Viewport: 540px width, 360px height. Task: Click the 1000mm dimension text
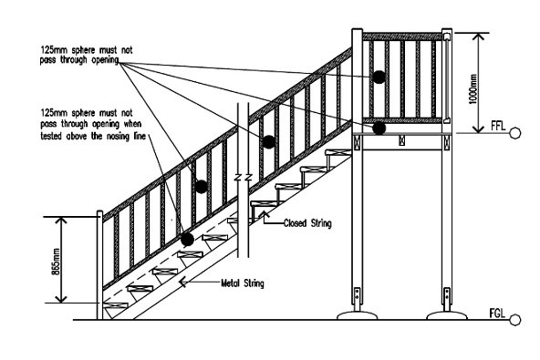473,88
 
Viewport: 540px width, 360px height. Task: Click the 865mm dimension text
56,262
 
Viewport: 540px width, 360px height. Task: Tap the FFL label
498,126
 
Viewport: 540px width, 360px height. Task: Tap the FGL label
497,314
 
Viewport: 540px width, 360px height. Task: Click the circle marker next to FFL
514,133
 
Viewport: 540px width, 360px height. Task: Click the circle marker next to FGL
514,320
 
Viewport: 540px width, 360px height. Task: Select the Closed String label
307,223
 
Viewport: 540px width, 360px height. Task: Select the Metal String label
243,283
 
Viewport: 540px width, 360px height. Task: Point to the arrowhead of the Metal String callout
181,282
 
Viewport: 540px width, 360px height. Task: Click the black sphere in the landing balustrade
379,77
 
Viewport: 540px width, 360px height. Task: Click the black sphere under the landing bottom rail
379,129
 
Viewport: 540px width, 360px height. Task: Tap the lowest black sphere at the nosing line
187,239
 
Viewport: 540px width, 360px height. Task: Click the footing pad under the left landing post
358,315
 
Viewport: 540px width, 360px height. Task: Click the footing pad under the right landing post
447,315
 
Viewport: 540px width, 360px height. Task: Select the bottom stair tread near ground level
116,305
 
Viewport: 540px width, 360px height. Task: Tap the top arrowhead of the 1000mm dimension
478,36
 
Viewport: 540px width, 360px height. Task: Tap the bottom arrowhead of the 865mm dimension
61,300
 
